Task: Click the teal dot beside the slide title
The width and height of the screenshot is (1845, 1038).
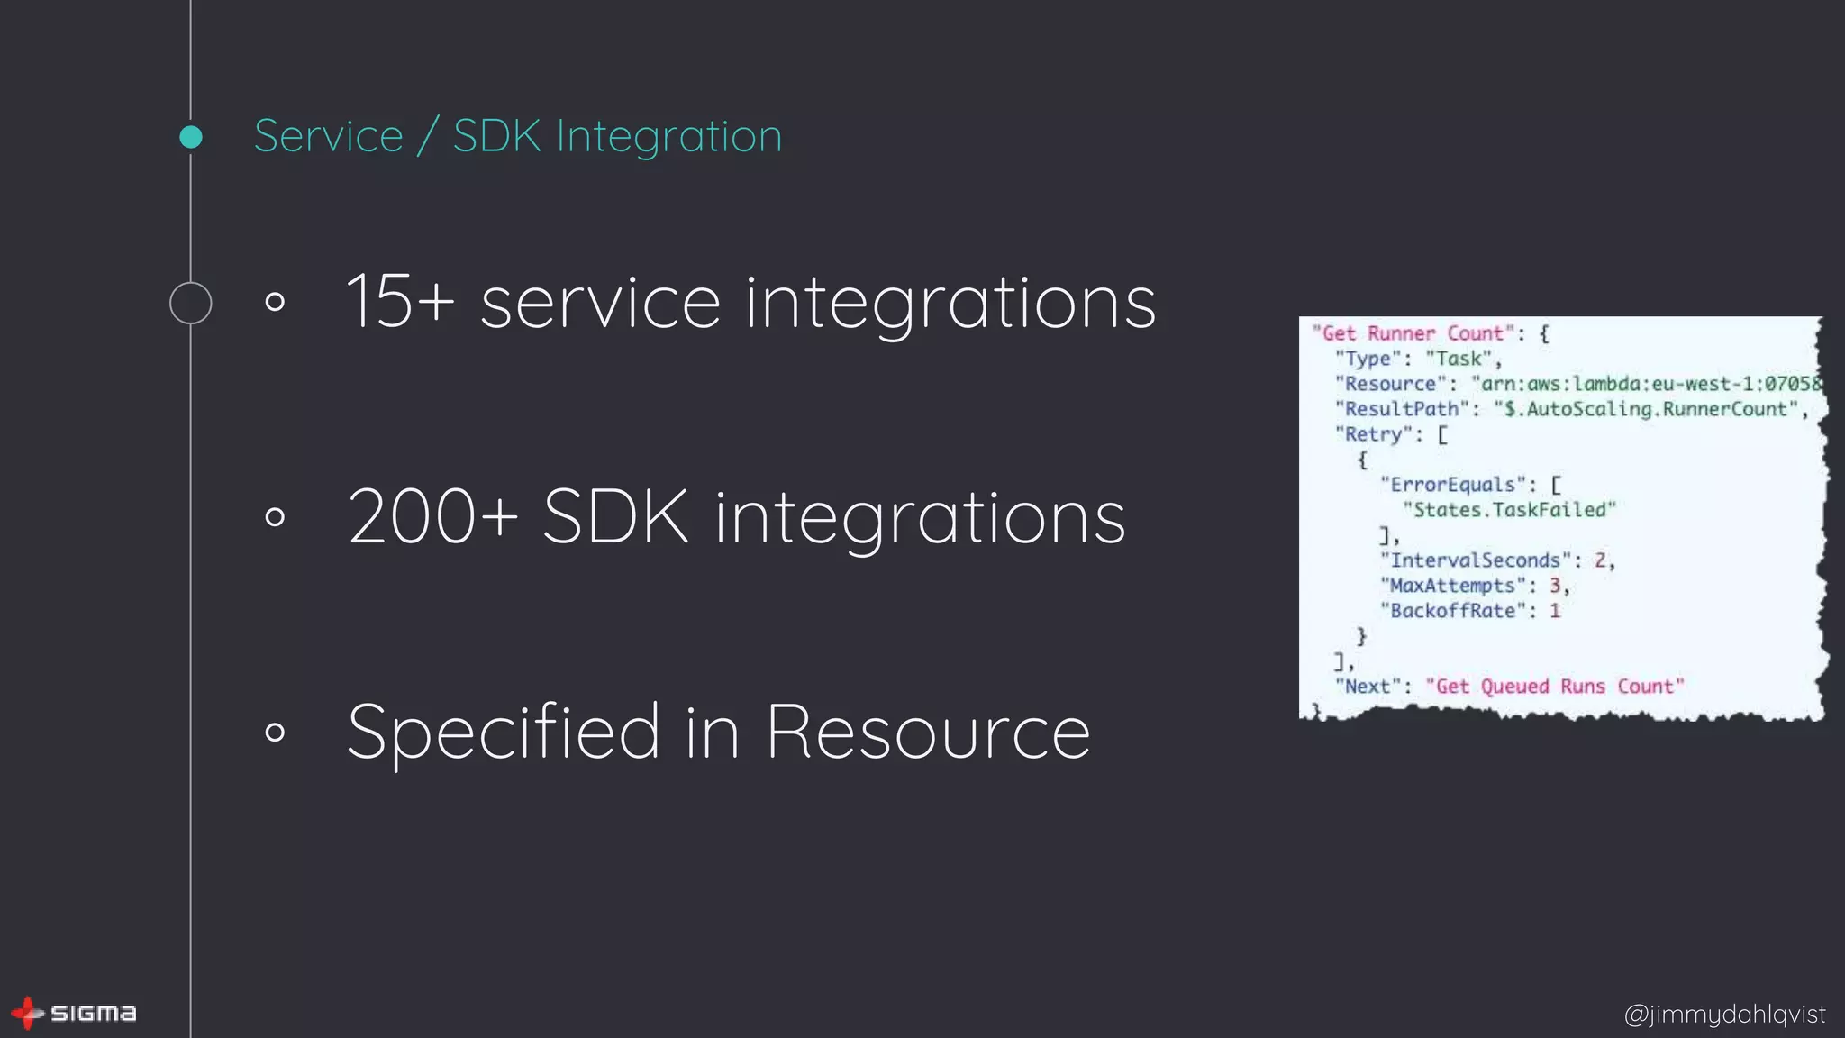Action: (191, 137)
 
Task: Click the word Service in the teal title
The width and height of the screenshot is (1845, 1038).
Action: (329, 136)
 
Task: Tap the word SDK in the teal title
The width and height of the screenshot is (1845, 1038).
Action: (497, 136)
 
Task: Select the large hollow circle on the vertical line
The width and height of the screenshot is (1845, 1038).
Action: (191, 303)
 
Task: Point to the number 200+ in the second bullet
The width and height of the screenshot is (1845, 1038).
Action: (433, 516)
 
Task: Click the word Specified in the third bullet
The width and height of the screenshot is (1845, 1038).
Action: (504, 731)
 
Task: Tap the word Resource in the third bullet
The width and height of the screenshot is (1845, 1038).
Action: (928, 731)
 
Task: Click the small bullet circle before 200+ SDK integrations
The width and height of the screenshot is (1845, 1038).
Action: (276, 516)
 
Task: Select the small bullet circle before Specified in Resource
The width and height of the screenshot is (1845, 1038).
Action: (276, 731)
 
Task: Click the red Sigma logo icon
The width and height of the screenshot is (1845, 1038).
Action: (27, 1013)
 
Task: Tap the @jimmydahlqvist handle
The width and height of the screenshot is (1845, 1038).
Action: (1724, 1014)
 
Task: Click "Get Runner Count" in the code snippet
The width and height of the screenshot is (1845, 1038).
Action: (1413, 333)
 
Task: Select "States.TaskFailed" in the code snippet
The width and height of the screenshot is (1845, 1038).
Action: (1509, 510)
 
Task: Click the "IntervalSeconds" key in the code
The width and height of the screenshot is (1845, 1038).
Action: (1475, 560)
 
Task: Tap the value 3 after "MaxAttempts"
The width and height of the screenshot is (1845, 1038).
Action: (1554, 586)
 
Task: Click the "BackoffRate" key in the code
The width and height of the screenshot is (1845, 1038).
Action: (1453, 611)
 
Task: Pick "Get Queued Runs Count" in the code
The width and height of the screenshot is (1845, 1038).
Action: (1554, 687)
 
